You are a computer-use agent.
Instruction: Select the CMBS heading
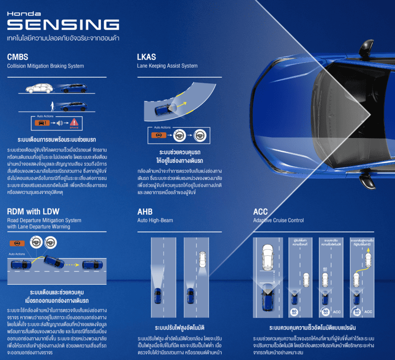click(18, 57)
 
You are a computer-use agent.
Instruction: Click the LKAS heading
click(147, 57)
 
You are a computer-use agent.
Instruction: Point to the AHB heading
click(145, 212)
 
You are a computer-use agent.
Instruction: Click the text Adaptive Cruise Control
click(278, 220)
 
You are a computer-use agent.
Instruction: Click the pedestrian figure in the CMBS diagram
click(51, 105)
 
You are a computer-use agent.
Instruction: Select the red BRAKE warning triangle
click(74, 122)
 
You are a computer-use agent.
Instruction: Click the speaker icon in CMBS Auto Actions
click(59, 123)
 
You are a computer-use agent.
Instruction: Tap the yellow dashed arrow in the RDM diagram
click(72, 263)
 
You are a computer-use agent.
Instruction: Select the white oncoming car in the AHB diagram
click(203, 260)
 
